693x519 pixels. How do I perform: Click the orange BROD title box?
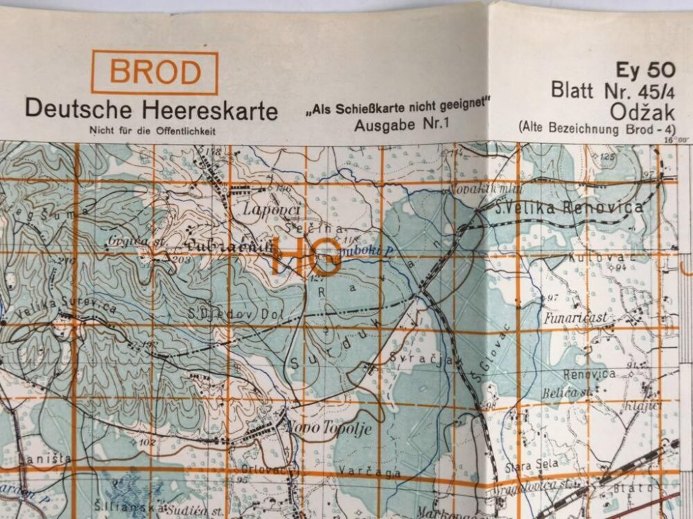pyautogui.click(x=155, y=73)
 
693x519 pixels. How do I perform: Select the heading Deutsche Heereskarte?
pyautogui.click(x=151, y=109)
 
